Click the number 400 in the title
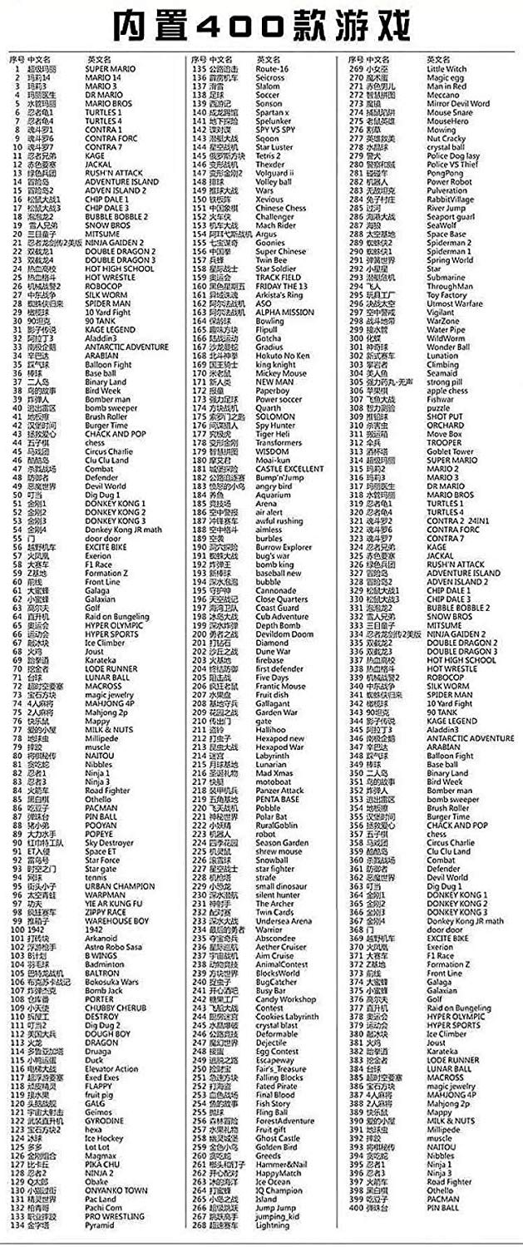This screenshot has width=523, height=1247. pos(262,26)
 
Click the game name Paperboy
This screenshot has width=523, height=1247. pos(272,391)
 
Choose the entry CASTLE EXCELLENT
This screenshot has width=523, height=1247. pos(289,469)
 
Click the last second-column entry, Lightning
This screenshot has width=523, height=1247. pos(272,1225)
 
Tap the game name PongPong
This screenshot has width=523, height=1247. pos(445,173)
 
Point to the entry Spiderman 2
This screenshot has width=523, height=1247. pos(448,242)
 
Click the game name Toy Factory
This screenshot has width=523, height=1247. pos(447,294)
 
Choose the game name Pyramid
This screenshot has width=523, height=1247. pos(100,1225)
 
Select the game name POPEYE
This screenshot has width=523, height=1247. pos(98,834)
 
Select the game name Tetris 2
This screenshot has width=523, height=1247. pos(268,155)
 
